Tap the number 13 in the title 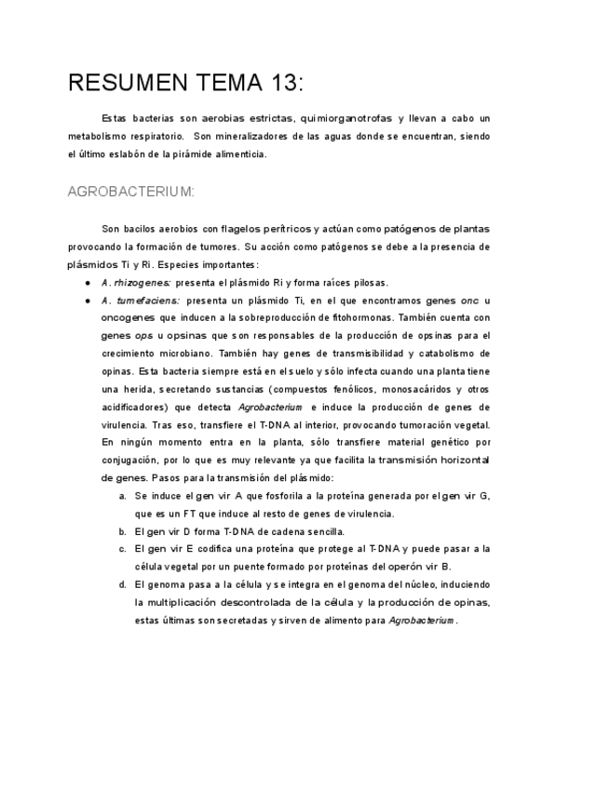tap(283, 83)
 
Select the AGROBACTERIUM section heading tap(130, 192)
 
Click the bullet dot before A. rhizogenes tap(88, 283)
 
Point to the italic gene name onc tap(470, 301)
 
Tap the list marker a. tap(123, 496)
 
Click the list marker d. tap(123, 585)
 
